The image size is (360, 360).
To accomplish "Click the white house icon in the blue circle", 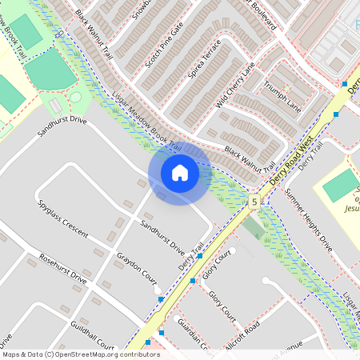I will point(180,173).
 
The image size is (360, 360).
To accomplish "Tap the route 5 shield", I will point(254,202).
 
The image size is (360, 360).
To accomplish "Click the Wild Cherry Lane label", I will point(240,84).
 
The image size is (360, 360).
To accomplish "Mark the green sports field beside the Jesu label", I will point(341,186).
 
